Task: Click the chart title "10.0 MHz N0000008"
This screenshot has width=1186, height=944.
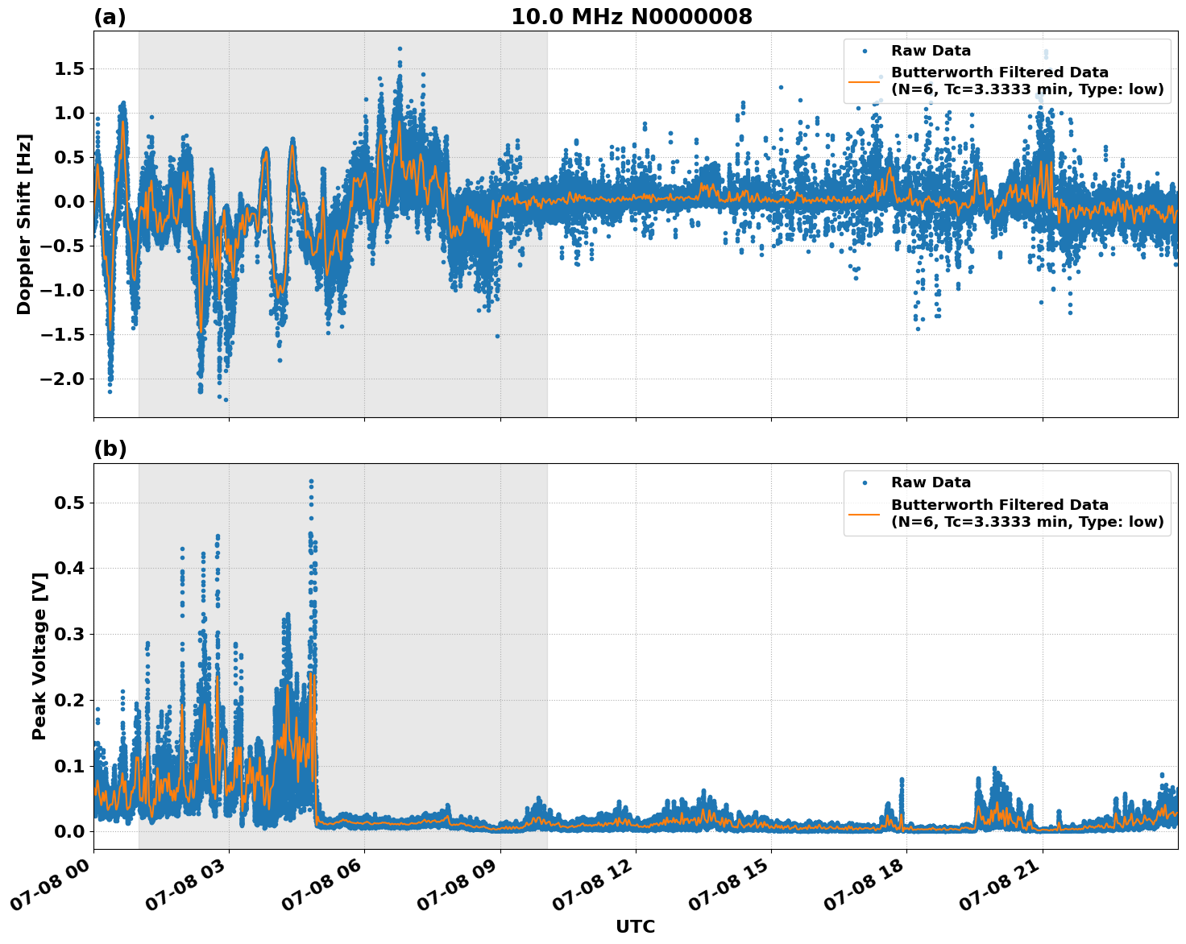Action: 631,17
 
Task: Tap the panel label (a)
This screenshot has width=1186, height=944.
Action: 110,17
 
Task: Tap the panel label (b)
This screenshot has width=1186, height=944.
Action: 110,449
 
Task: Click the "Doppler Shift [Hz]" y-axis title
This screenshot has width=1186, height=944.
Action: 24,224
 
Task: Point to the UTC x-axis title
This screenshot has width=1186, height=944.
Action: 635,926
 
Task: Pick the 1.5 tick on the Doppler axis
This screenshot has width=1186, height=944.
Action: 69,69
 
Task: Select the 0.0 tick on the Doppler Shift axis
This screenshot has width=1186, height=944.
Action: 69,201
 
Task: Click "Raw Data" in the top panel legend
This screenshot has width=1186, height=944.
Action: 931,51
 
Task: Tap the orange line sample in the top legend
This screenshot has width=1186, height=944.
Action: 864,81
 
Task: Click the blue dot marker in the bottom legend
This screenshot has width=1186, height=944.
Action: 864,482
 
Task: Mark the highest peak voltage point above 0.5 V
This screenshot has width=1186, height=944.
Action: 311,481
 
